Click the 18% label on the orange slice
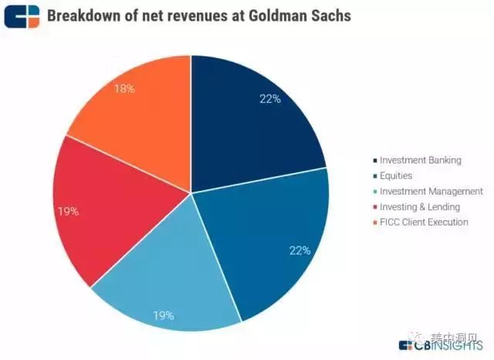click(123, 89)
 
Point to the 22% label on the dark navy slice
click(269, 98)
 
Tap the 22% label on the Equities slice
click(299, 250)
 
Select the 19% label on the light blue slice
click(163, 315)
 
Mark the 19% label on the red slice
click(68, 211)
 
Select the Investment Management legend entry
click(430, 191)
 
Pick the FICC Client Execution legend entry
click(423, 222)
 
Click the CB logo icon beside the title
click(21, 15)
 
